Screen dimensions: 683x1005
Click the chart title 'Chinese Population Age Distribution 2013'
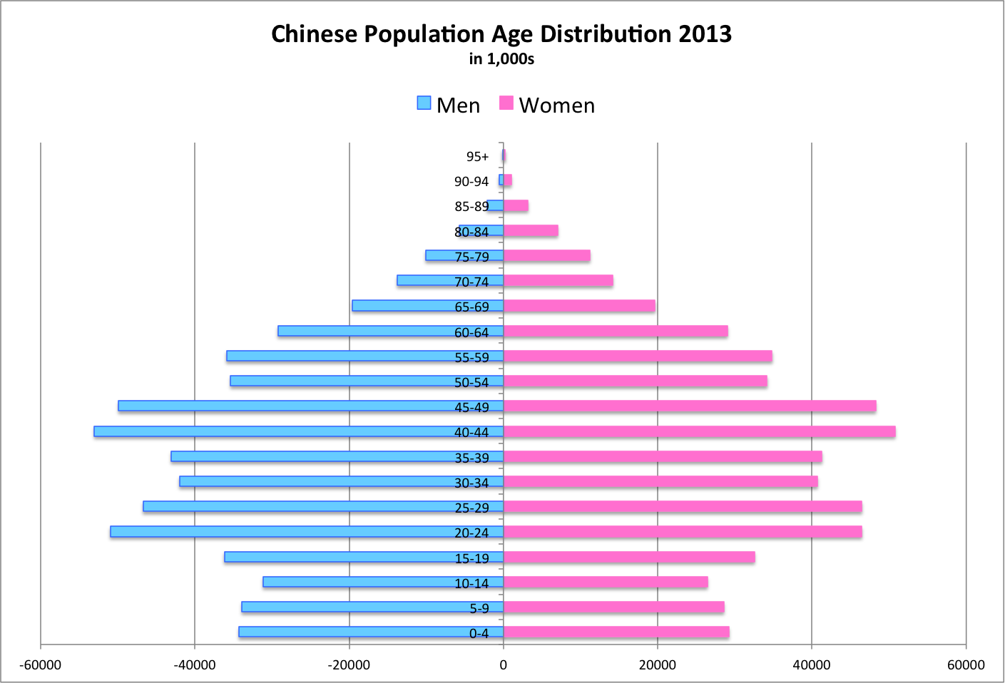click(501, 34)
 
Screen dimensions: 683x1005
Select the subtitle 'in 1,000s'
click(501, 59)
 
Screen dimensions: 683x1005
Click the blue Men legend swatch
click(424, 103)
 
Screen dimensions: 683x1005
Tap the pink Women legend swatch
click(506, 103)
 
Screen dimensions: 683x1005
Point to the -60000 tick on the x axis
click(41, 665)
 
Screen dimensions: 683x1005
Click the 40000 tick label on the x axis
click(812, 665)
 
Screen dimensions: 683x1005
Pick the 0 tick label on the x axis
click(503, 665)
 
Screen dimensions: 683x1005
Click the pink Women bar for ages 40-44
click(699, 431)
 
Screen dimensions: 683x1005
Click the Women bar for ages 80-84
click(531, 230)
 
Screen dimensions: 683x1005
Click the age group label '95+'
click(477, 157)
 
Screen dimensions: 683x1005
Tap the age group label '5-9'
click(479, 608)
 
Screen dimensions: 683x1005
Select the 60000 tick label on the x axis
click(966, 665)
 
